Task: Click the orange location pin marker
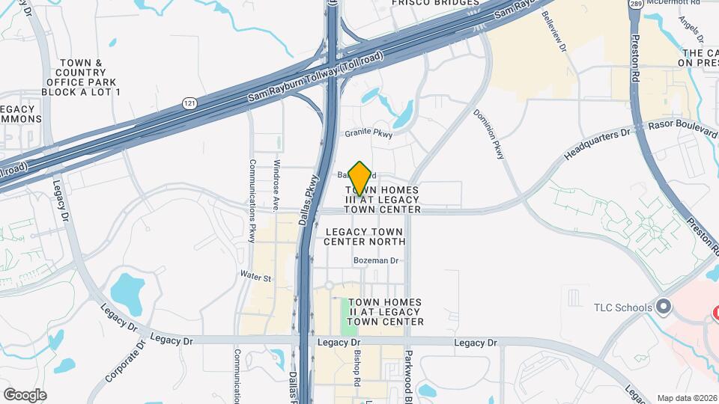click(360, 178)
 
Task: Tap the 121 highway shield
click(190, 103)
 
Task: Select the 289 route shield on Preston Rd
click(635, 4)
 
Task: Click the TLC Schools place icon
click(663, 307)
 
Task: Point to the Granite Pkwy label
click(368, 133)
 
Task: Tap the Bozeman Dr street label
click(377, 260)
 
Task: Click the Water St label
click(255, 277)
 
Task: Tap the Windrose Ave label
click(276, 184)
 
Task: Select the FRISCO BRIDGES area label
click(435, 3)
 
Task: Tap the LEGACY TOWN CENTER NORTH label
click(365, 236)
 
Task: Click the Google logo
click(25, 395)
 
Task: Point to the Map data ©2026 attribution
click(686, 398)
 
